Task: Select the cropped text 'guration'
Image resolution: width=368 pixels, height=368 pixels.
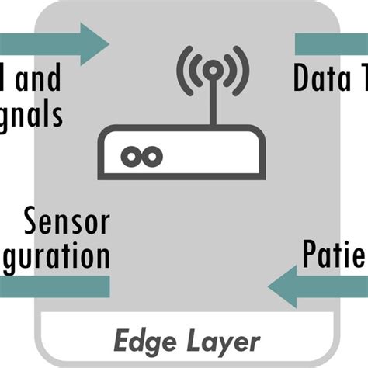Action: click(54, 256)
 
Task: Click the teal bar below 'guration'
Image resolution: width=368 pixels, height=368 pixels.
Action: click(54, 287)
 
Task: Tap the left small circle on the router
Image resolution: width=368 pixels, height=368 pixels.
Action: click(128, 157)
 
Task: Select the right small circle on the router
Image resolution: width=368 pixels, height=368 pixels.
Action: click(152, 157)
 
